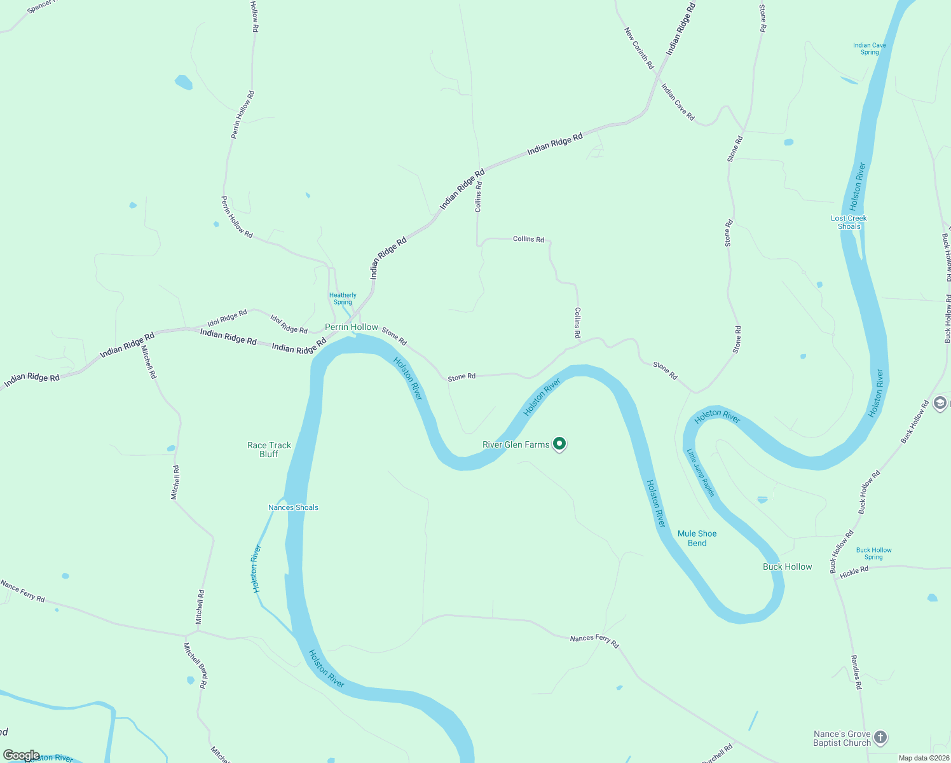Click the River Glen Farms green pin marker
tap(559, 444)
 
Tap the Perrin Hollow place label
tap(351, 327)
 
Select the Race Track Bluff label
tap(269, 450)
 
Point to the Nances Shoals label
tap(293, 507)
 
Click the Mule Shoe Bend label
tap(697, 538)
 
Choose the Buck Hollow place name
tap(787, 567)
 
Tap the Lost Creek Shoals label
tap(849, 222)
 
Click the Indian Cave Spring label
tap(869, 48)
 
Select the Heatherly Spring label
tap(343, 298)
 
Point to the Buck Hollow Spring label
tap(873, 553)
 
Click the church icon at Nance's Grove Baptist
tap(880, 738)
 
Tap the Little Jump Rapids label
tap(701, 472)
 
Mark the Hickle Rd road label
tap(854, 572)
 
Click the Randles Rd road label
tap(856, 672)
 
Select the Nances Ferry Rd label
tap(594, 640)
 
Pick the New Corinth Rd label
tap(638, 48)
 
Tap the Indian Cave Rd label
tap(678, 102)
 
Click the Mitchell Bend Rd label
tap(195, 665)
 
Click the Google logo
tap(21, 755)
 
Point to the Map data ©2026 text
tap(923, 758)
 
